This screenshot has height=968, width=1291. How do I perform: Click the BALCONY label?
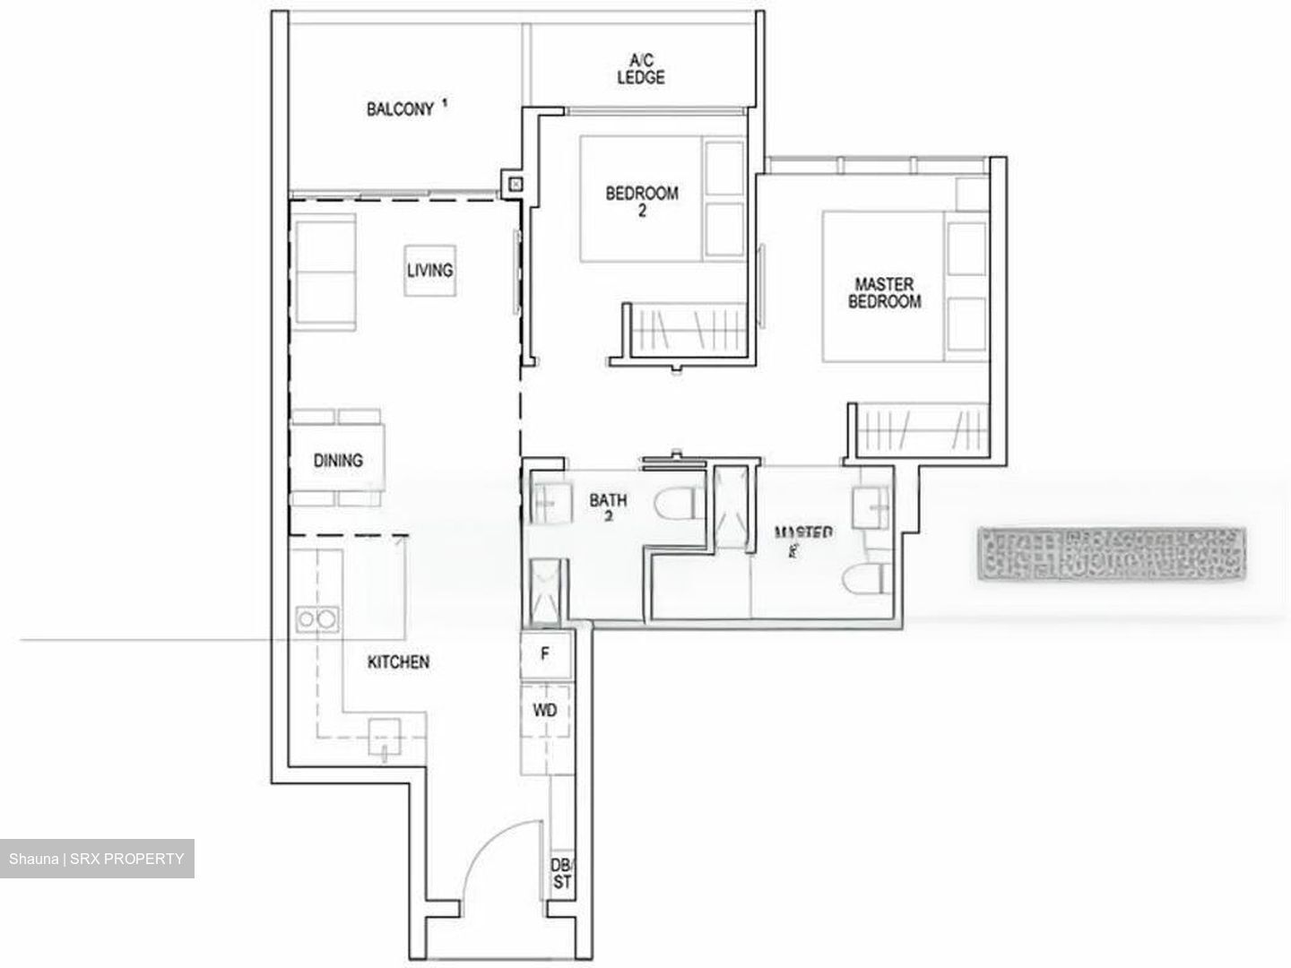pyautogui.click(x=400, y=109)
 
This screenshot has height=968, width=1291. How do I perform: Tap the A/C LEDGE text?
pyautogui.click(x=641, y=69)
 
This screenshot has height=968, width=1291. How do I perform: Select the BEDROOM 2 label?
pyautogui.click(x=642, y=201)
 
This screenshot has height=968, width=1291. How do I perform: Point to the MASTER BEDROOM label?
pyautogui.click(x=884, y=293)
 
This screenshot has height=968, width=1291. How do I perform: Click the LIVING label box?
pyautogui.click(x=429, y=270)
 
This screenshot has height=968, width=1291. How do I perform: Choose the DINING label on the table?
pyautogui.click(x=338, y=461)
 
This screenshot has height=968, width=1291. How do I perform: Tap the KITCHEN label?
pyautogui.click(x=398, y=662)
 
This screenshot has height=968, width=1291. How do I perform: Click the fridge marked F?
pyautogui.click(x=544, y=654)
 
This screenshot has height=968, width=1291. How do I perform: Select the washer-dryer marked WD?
pyautogui.click(x=544, y=710)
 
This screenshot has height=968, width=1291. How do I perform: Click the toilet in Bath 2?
pyautogui.click(x=676, y=505)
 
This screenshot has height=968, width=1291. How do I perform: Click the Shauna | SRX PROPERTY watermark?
pyautogui.click(x=97, y=859)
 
